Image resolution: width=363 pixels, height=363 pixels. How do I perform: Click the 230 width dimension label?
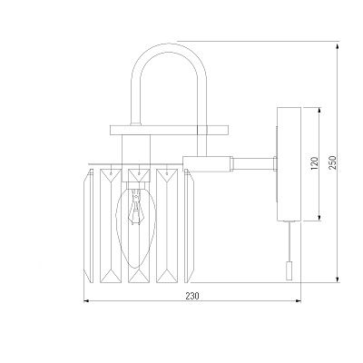coord(192,296)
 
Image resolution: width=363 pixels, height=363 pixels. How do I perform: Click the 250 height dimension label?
coord(332,162)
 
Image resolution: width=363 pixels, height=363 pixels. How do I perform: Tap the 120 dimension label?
coord(315,163)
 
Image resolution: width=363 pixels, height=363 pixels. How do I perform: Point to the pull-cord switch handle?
coord(289,270)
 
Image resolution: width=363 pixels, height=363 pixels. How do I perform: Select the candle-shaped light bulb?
coord(136,228)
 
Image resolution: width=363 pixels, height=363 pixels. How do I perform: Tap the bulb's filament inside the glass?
coord(136,207)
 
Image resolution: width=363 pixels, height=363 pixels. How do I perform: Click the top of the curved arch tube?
coord(169,47)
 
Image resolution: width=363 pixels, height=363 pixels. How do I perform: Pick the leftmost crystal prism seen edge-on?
coord(89,226)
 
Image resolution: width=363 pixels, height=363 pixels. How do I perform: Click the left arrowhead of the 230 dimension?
coord(86,300)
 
